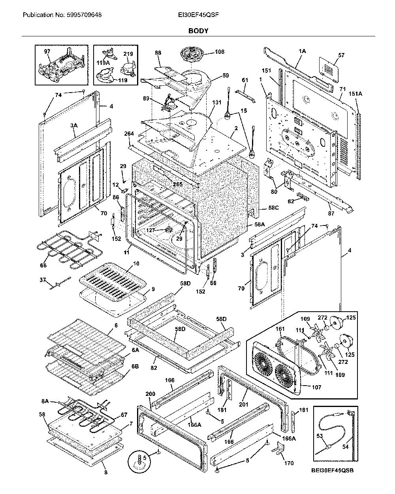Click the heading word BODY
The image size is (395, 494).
[198, 31]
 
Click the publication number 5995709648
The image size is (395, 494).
[84, 15]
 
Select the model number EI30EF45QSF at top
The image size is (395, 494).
[198, 15]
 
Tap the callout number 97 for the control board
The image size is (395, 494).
[47, 51]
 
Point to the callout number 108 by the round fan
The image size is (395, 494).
[219, 52]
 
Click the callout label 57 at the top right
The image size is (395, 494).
[341, 55]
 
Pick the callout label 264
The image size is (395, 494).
[129, 134]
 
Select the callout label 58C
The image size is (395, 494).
[273, 208]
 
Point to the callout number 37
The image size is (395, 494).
[43, 280]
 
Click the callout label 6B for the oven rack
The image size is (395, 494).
[135, 366]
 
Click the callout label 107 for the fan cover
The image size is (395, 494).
[316, 387]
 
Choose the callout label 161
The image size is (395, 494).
[280, 329]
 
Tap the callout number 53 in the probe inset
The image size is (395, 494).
[320, 436]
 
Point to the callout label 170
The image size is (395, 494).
[289, 463]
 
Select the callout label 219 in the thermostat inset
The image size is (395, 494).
[128, 54]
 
